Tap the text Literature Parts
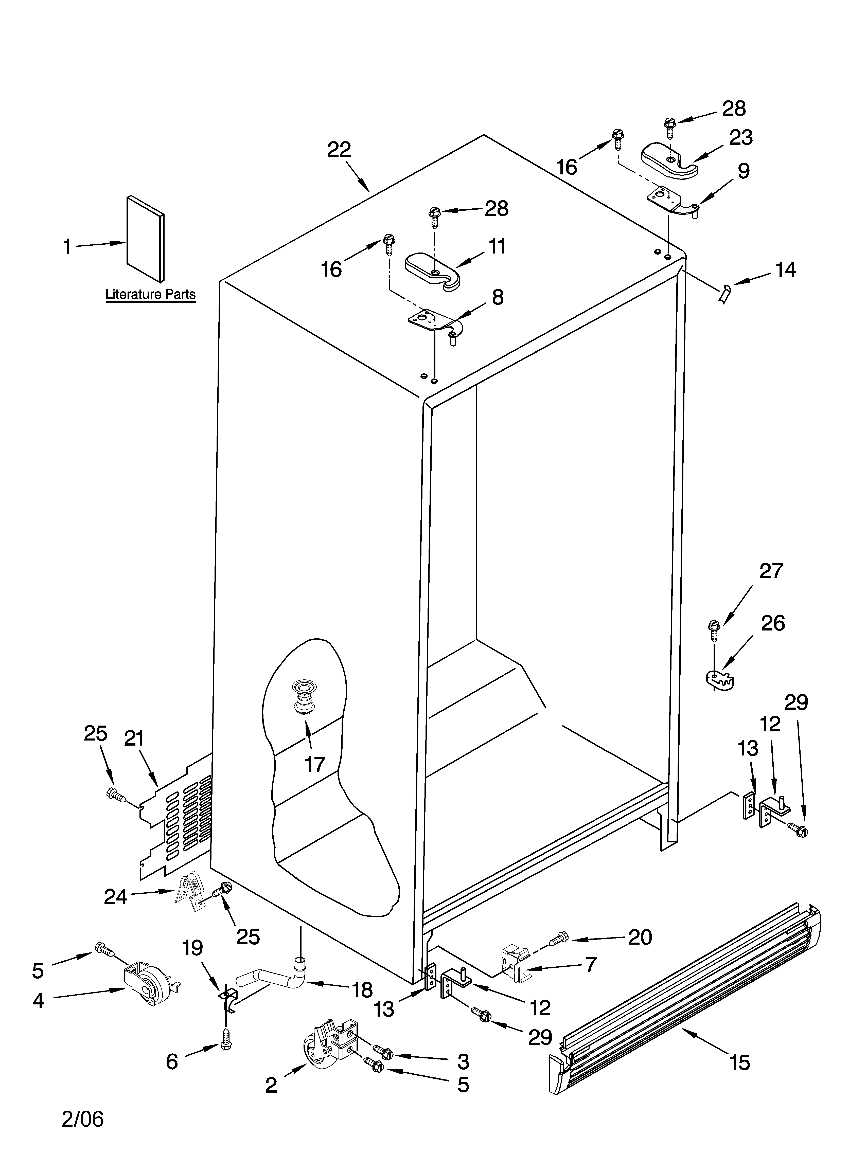(x=150, y=295)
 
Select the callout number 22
(x=339, y=150)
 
